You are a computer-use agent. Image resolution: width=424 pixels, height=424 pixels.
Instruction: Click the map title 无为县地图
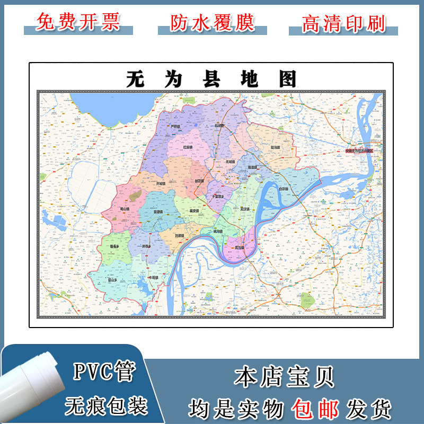click(x=211, y=79)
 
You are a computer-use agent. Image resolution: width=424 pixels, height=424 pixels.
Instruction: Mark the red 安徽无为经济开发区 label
click(x=363, y=151)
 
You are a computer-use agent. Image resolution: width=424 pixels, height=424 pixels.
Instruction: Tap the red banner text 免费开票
click(x=78, y=22)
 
